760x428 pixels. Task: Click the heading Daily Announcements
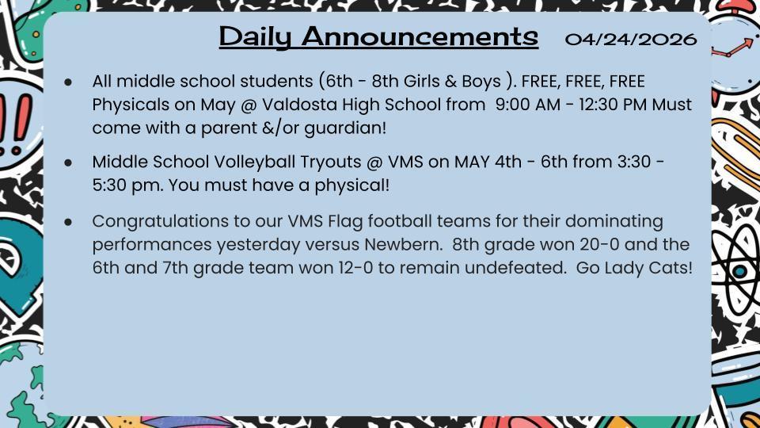[378, 36]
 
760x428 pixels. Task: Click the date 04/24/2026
[631, 39]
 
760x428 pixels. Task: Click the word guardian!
[348, 128]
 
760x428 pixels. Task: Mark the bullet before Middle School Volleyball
[69, 162]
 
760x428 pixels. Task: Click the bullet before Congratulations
[69, 221]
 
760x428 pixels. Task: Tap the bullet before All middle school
[69, 82]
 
